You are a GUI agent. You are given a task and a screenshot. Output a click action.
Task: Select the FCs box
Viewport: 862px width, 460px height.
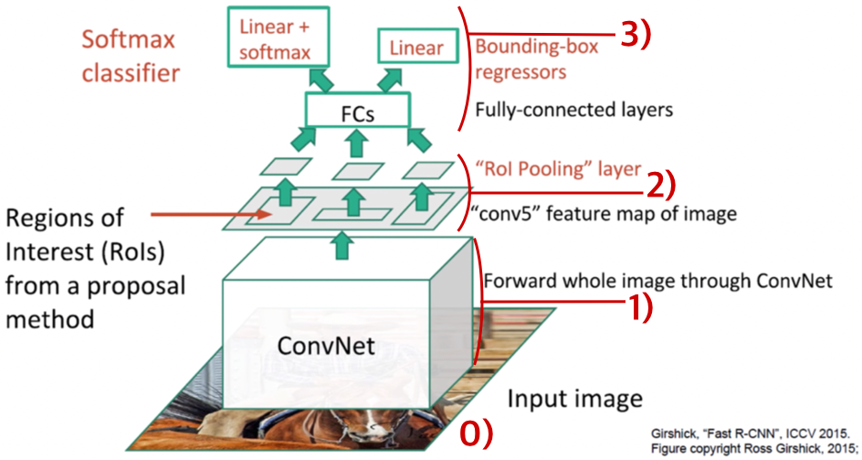(354, 112)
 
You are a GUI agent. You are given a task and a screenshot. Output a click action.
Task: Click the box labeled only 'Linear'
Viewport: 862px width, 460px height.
(415, 48)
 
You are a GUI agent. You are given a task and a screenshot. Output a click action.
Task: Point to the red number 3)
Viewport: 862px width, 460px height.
(640, 34)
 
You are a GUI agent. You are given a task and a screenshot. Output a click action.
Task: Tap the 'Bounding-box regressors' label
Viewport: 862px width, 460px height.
(534, 58)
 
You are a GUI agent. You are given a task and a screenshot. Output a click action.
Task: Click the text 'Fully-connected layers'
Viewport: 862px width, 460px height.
(573, 111)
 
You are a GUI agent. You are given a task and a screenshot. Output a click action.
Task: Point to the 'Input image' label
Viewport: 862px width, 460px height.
(574, 399)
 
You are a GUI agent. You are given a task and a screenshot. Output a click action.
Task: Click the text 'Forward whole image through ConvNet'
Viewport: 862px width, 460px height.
(657, 281)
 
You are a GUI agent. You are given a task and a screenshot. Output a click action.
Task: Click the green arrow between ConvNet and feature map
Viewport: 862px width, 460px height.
(342, 244)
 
